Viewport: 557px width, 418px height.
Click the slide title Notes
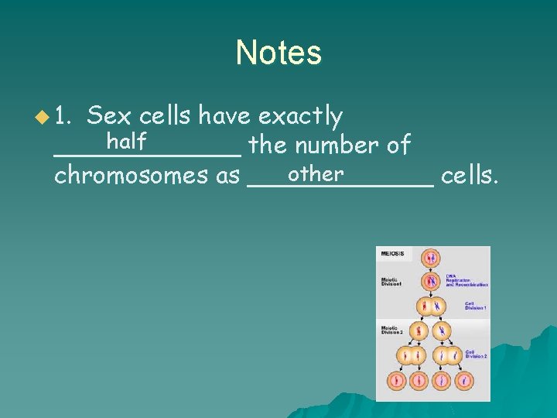pos(278,53)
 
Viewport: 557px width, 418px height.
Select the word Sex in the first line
pos(109,116)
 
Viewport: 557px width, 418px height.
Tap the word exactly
pos(300,117)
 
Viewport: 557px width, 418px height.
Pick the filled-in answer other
pos(315,173)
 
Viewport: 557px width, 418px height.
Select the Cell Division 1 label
pos(475,306)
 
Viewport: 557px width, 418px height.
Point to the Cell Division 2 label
pos(475,354)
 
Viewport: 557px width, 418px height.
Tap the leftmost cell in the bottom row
pos(398,381)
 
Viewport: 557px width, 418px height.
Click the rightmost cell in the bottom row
pos(463,381)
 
